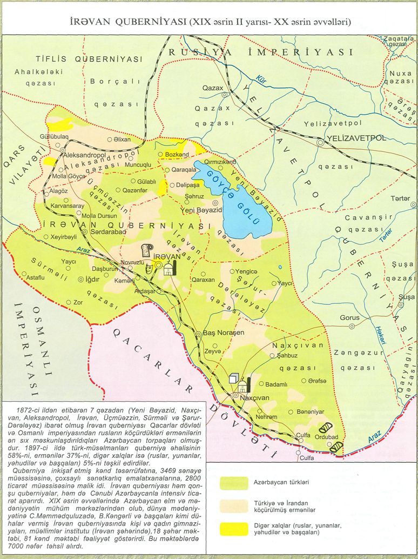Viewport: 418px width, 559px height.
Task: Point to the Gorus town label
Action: coord(349,318)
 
